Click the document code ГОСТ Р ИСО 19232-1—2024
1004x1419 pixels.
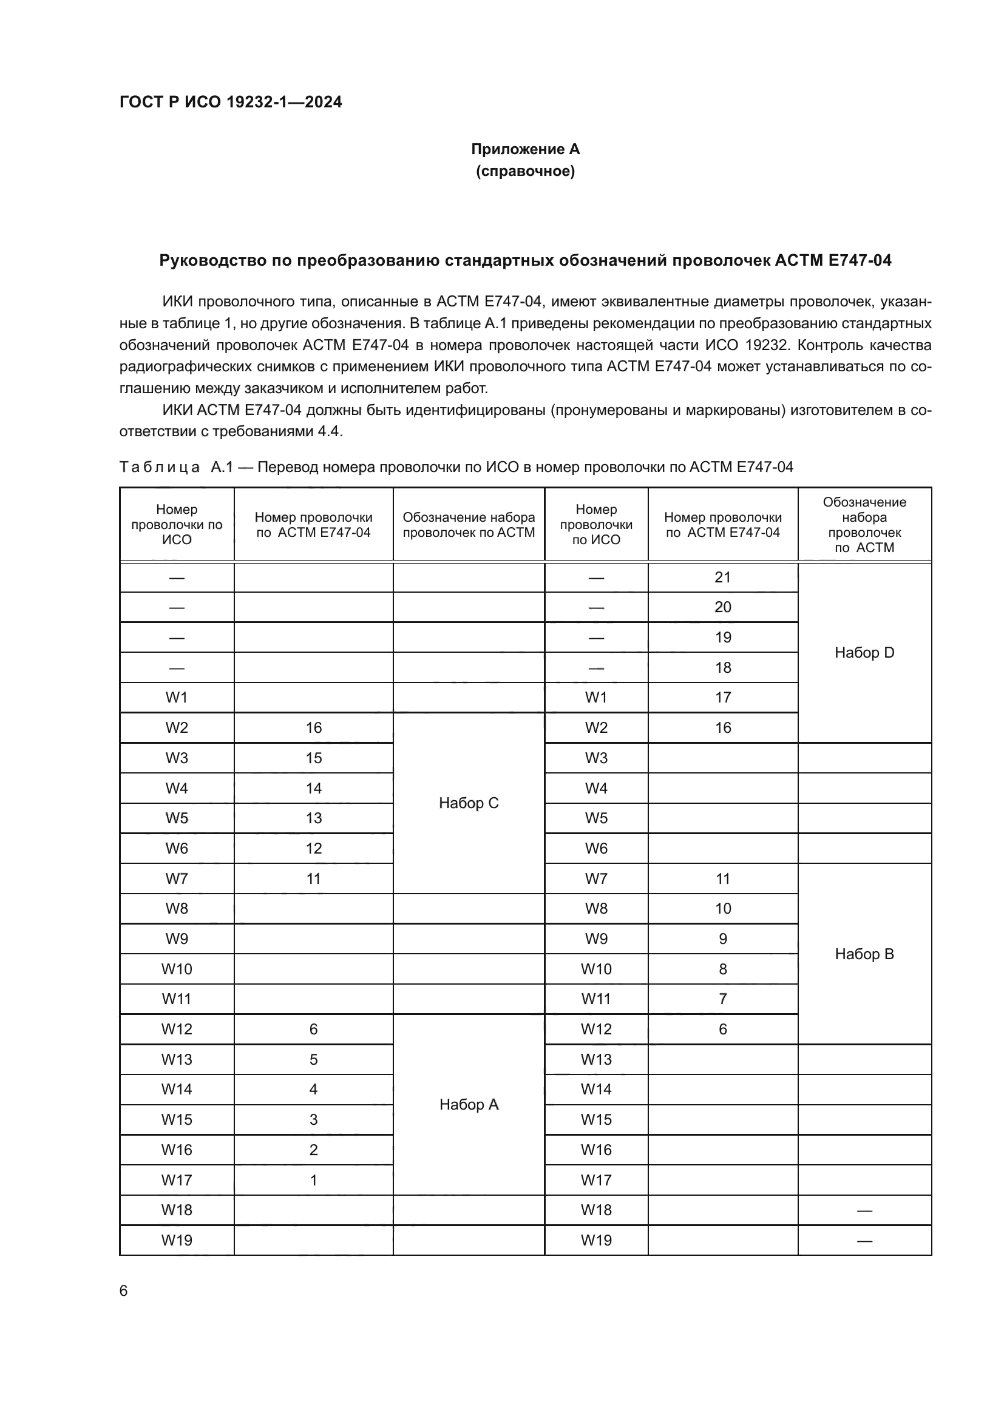[x=231, y=102]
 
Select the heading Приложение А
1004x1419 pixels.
[x=525, y=149]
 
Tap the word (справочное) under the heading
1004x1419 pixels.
[x=525, y=171]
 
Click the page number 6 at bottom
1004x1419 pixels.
[x=124, y=1290]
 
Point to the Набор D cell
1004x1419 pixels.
[x=864, y=653]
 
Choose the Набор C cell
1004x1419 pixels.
[x=468, y=803]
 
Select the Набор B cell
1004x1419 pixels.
[x=864, y=954]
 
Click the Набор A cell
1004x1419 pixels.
[x=468, y=1104]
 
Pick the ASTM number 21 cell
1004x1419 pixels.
[x=722, y=577]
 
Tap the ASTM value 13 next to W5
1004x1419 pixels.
[x=313, y=818]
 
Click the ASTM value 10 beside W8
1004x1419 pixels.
[x=722, y=909]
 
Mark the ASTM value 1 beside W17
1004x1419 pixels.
[x=313, y=1180]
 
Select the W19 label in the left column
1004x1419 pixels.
[x=177, y=1241]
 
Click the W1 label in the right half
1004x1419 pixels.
[x=596, y=697]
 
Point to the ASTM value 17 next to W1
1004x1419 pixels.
[x=722, y=697]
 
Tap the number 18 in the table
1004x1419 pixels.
[x=722, y=667]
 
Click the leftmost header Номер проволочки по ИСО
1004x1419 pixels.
[x=177, y=524]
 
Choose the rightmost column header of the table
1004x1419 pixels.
[x=864, y=524]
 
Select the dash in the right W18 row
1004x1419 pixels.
[x=864, y=1210]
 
